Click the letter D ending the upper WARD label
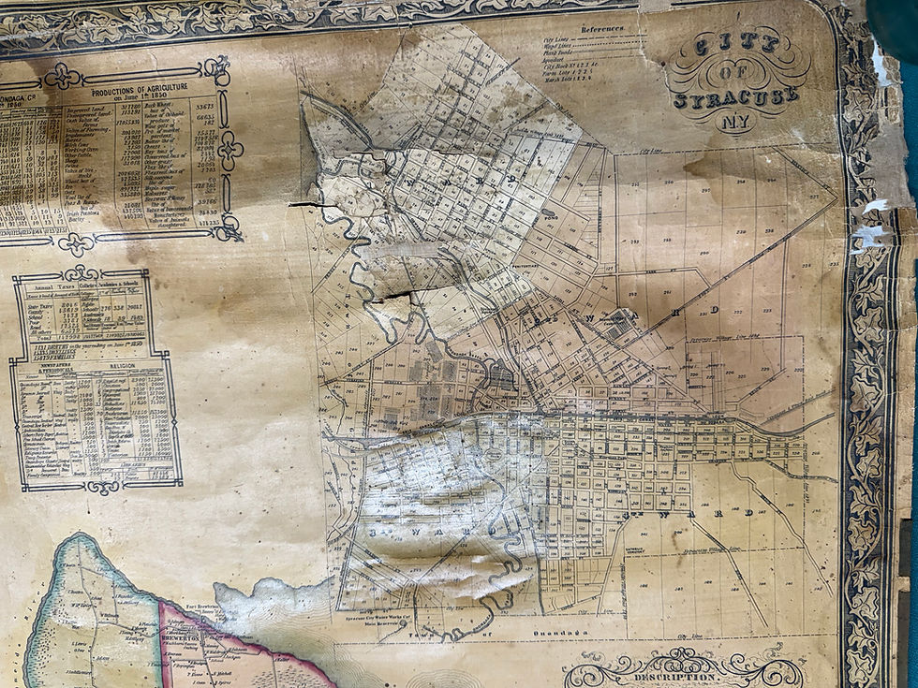pyautogui.click(x=714, y=309)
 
